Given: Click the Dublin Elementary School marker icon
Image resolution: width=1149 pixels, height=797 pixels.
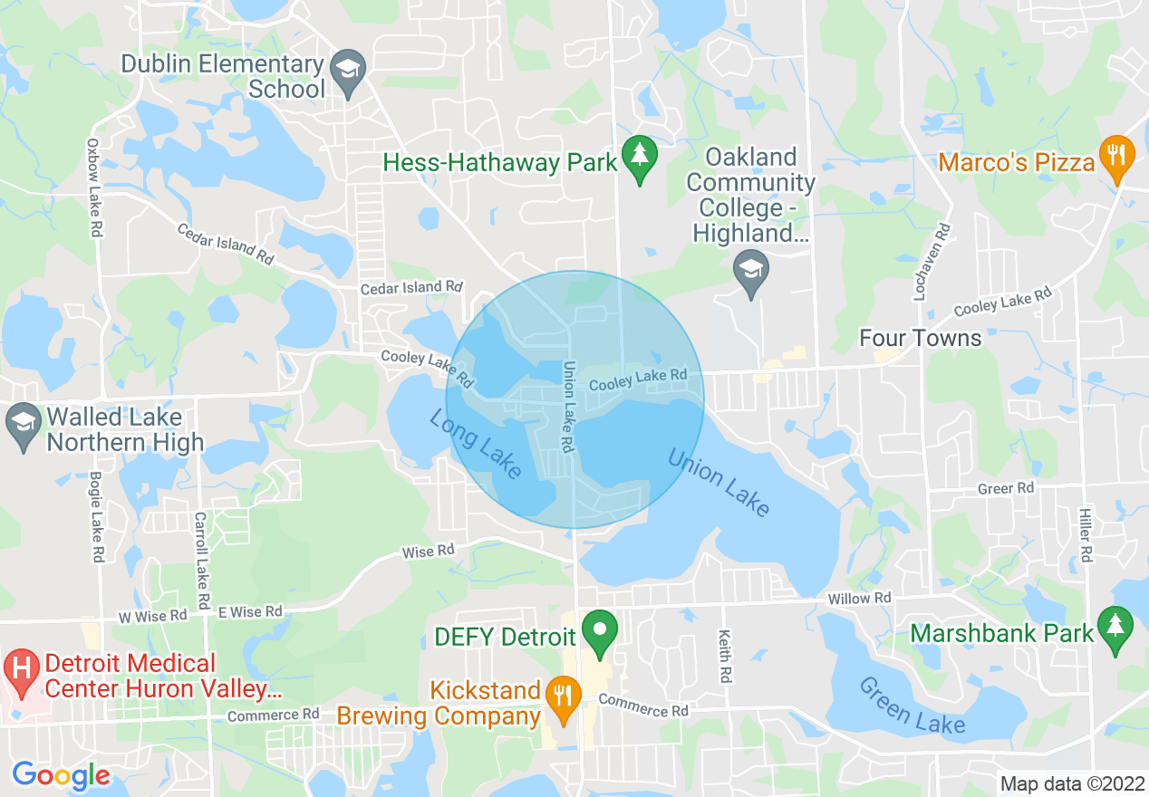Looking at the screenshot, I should [347, 69].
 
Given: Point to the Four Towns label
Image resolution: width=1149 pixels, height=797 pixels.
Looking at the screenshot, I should [920, 338].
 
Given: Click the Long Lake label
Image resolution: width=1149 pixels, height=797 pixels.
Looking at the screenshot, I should [476, 444].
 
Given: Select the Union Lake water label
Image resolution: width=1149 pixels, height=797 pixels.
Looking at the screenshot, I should [719, 482].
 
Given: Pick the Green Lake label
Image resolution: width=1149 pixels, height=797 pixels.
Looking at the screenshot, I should [912, 706].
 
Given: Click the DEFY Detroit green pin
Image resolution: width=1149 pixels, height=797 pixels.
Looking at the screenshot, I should [598, 630].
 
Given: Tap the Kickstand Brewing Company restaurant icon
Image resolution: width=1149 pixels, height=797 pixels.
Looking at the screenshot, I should [564, 696].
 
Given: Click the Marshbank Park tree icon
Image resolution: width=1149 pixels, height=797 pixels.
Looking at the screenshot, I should [1115, 627].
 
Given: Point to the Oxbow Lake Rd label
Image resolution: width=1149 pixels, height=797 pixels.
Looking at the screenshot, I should [93, 187].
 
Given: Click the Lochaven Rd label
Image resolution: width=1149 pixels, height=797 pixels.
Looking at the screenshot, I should [943, 262].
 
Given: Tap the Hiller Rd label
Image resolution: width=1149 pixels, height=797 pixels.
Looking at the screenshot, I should [1086, 534].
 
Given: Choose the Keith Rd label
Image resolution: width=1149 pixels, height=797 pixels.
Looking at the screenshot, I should [725, 657].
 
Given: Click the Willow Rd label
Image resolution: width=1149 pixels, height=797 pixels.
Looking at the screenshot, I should [859, 599].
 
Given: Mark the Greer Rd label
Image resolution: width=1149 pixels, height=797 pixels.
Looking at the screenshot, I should [1006, 488].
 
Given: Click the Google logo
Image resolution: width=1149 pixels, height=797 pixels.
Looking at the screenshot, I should [61, 776].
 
